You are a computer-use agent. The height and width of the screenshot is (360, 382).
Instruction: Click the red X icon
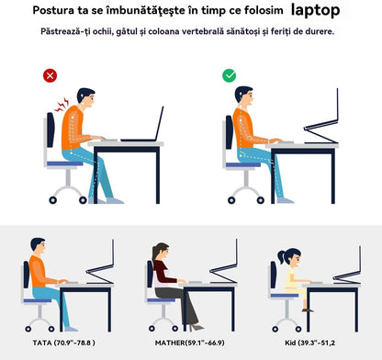point(50,75)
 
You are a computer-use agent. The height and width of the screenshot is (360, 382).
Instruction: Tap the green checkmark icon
point(230,75)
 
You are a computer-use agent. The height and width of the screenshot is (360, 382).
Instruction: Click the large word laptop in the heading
point(315,11)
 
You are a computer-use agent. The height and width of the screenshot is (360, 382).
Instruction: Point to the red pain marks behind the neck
point(62,105)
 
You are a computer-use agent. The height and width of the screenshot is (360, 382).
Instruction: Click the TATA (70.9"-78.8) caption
point(63,343)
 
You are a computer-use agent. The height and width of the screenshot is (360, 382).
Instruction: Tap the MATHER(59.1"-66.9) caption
point(190,343)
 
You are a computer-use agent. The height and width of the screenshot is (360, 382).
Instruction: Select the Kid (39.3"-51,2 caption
point(309,343)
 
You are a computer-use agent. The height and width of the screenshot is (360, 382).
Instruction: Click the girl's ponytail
point(282,257)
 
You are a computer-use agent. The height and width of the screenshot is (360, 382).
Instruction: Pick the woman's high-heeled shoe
point(197,327)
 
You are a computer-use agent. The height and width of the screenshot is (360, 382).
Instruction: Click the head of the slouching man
point(86,98)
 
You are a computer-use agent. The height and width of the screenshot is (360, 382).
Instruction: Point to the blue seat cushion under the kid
point(285,296)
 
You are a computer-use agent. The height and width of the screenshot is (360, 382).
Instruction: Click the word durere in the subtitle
point(320,31)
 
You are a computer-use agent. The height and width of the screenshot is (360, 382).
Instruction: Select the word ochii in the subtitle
point(103,31)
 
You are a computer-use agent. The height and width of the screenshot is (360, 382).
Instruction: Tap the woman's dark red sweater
point(163,272)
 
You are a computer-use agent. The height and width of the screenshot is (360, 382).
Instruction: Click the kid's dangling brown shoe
point(308,310)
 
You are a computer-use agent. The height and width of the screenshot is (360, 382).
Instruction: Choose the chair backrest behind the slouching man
point(51,129)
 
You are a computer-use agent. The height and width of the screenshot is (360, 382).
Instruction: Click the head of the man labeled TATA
point(38,246)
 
